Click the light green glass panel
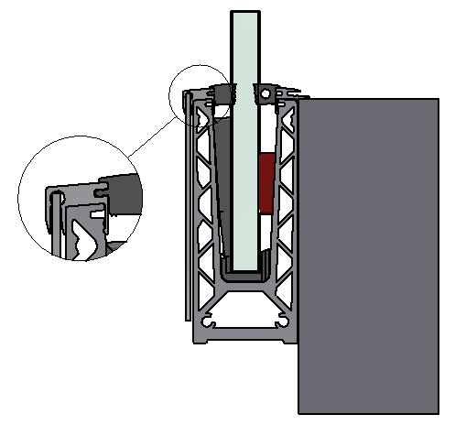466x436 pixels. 246,137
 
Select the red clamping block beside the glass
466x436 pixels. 266,183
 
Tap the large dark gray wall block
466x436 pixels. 368,256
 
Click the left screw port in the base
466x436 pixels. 210,322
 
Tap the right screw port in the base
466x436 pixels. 281,322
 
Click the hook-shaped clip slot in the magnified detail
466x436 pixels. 55,206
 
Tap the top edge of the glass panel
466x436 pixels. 246,12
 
